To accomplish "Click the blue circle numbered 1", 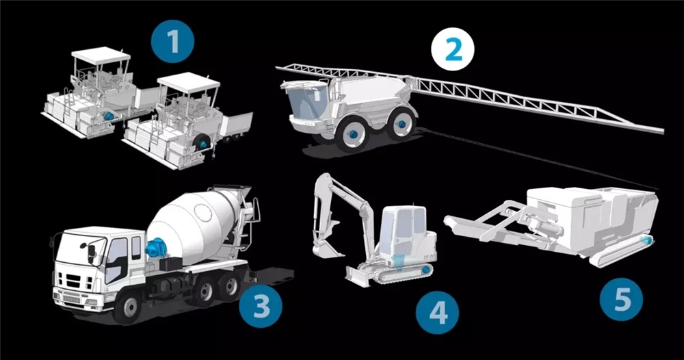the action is (173, 42).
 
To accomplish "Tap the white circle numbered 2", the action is (453, 49).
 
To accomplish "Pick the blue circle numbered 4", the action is (437, 313).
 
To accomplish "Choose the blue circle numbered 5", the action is (621, 300).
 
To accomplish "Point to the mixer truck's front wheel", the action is (127, 307).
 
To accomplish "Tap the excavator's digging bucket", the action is (325, 248).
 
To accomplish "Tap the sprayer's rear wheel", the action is (400, 124).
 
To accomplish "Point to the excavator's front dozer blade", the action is (358, 277).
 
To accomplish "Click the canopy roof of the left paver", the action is (101, 56).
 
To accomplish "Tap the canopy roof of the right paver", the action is (188, 83).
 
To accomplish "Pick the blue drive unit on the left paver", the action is (108, 116).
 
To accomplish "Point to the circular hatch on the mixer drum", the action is (202, 212).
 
